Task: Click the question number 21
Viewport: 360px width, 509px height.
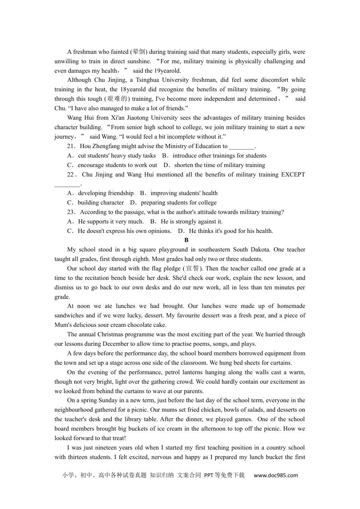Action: tap(72, 146)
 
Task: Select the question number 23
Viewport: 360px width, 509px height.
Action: tap(72, 212)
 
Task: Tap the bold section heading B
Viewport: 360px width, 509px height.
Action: tap(186, 240)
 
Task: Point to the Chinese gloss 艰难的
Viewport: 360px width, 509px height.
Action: tap(117, 99)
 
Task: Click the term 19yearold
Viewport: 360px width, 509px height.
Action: tap(167, 70)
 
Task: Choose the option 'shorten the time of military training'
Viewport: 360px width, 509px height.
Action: tap(219, 165)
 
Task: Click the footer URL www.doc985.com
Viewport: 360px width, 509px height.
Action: tap(275, 475)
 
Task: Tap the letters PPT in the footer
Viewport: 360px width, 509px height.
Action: tap(208, 475)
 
